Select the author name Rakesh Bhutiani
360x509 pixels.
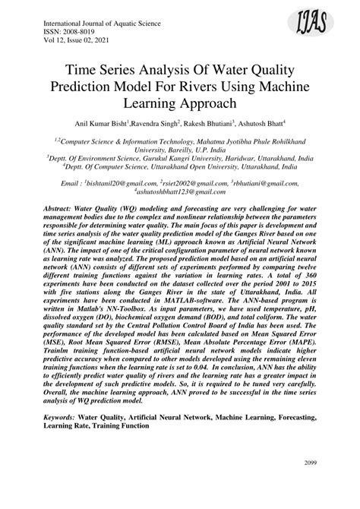pos(209,123)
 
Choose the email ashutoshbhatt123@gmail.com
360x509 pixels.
pos(179,194)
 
